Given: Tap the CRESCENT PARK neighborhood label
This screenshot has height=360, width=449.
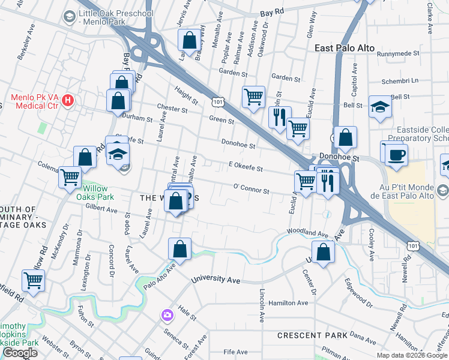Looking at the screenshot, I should tap(312, 335).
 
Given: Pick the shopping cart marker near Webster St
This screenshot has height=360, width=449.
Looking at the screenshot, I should tap(33, 280).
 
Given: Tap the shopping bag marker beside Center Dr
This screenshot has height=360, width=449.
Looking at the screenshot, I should tap(323, 253).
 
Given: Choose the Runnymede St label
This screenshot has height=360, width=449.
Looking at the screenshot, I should tap(397, 53).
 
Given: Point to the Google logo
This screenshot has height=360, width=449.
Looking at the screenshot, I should tap(20, 353).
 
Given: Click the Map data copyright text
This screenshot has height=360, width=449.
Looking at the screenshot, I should tap(412, 355).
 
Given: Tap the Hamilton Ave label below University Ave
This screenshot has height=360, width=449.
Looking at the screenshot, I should tap(288, 304).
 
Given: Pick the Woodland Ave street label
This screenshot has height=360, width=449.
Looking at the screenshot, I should tap(307, 233).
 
